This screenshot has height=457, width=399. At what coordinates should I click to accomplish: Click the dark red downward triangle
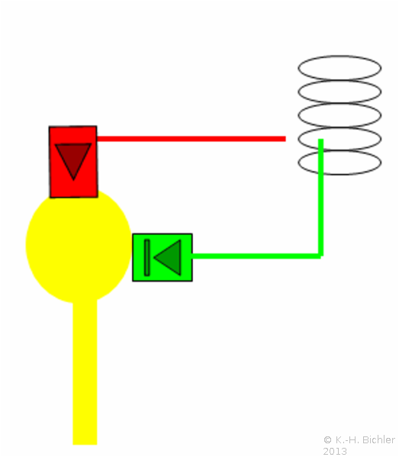point(73,159)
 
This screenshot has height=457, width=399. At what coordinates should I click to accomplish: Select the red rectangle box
point(73,162)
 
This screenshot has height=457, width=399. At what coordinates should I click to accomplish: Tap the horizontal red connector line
point(191,139)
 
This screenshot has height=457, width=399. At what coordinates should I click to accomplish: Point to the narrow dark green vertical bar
point(147,258)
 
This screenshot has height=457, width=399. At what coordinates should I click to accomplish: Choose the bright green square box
point(162,258)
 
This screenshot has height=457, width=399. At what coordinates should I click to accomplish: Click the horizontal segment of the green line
point(256,256)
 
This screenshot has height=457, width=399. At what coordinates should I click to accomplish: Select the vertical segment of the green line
point(321,198)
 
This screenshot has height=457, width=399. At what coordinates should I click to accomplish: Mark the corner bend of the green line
point(321,256)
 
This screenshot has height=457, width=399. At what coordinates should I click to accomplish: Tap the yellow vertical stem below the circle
point(85,373)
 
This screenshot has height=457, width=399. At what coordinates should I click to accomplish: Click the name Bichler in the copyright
point(378,439)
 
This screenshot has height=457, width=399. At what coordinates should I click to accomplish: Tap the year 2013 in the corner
point(335,452)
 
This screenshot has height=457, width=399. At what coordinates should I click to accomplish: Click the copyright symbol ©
point(327,439)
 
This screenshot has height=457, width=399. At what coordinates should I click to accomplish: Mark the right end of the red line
point(285,139)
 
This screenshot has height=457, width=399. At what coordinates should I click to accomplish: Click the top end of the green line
point(321,140)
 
